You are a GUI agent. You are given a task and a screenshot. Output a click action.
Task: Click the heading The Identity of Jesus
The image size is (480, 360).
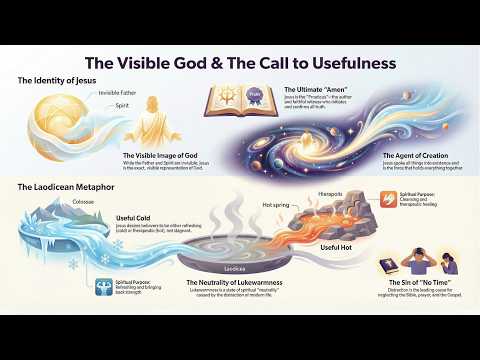pyautogui.click(x=52, y=79)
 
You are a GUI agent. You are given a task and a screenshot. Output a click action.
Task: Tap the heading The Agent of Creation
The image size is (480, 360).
pyautogui.click(x=414, y=157)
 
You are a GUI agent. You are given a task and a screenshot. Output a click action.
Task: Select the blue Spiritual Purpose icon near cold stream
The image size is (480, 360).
pyautogui.click(x=105, y=285)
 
